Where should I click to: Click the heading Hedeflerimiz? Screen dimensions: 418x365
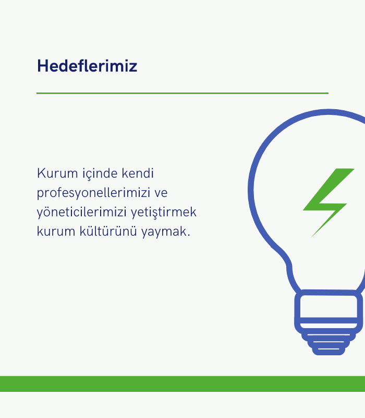pos(87,66)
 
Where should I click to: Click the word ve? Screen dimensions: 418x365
pos(161,193)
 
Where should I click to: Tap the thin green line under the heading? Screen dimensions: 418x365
pos(182,94)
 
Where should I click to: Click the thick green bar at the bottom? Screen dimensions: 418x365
pos(182,384)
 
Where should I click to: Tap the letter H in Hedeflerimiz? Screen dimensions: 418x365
pos(43,66)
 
